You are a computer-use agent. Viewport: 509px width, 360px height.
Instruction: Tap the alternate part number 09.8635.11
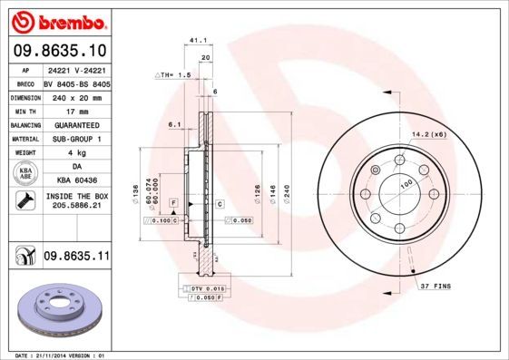76,257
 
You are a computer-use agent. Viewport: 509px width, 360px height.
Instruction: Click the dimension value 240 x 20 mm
76,95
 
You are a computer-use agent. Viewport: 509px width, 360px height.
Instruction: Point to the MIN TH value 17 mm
76,109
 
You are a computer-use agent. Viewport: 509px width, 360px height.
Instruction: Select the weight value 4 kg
76,152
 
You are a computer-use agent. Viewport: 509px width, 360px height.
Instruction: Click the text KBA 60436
76,181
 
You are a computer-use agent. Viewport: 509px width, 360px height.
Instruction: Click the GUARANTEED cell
76,123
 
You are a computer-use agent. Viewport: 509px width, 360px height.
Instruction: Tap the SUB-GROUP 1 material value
76,138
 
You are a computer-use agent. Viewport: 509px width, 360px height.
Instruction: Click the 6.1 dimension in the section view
175,125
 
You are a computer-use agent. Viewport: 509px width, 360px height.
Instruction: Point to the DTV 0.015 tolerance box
194,287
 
